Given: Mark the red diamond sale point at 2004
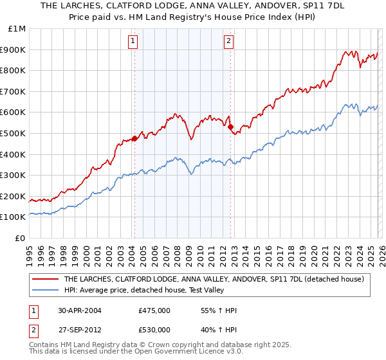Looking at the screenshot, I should (134, 138).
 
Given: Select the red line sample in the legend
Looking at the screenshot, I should (46, 279).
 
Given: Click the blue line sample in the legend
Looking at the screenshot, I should (46, 290).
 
